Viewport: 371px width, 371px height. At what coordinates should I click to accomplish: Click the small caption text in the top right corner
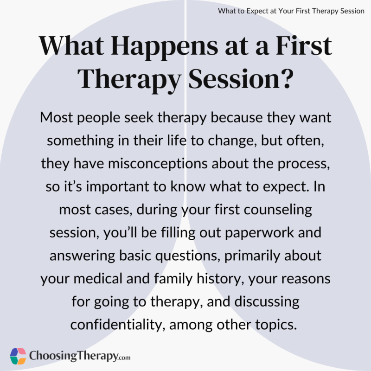click(291, 11)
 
